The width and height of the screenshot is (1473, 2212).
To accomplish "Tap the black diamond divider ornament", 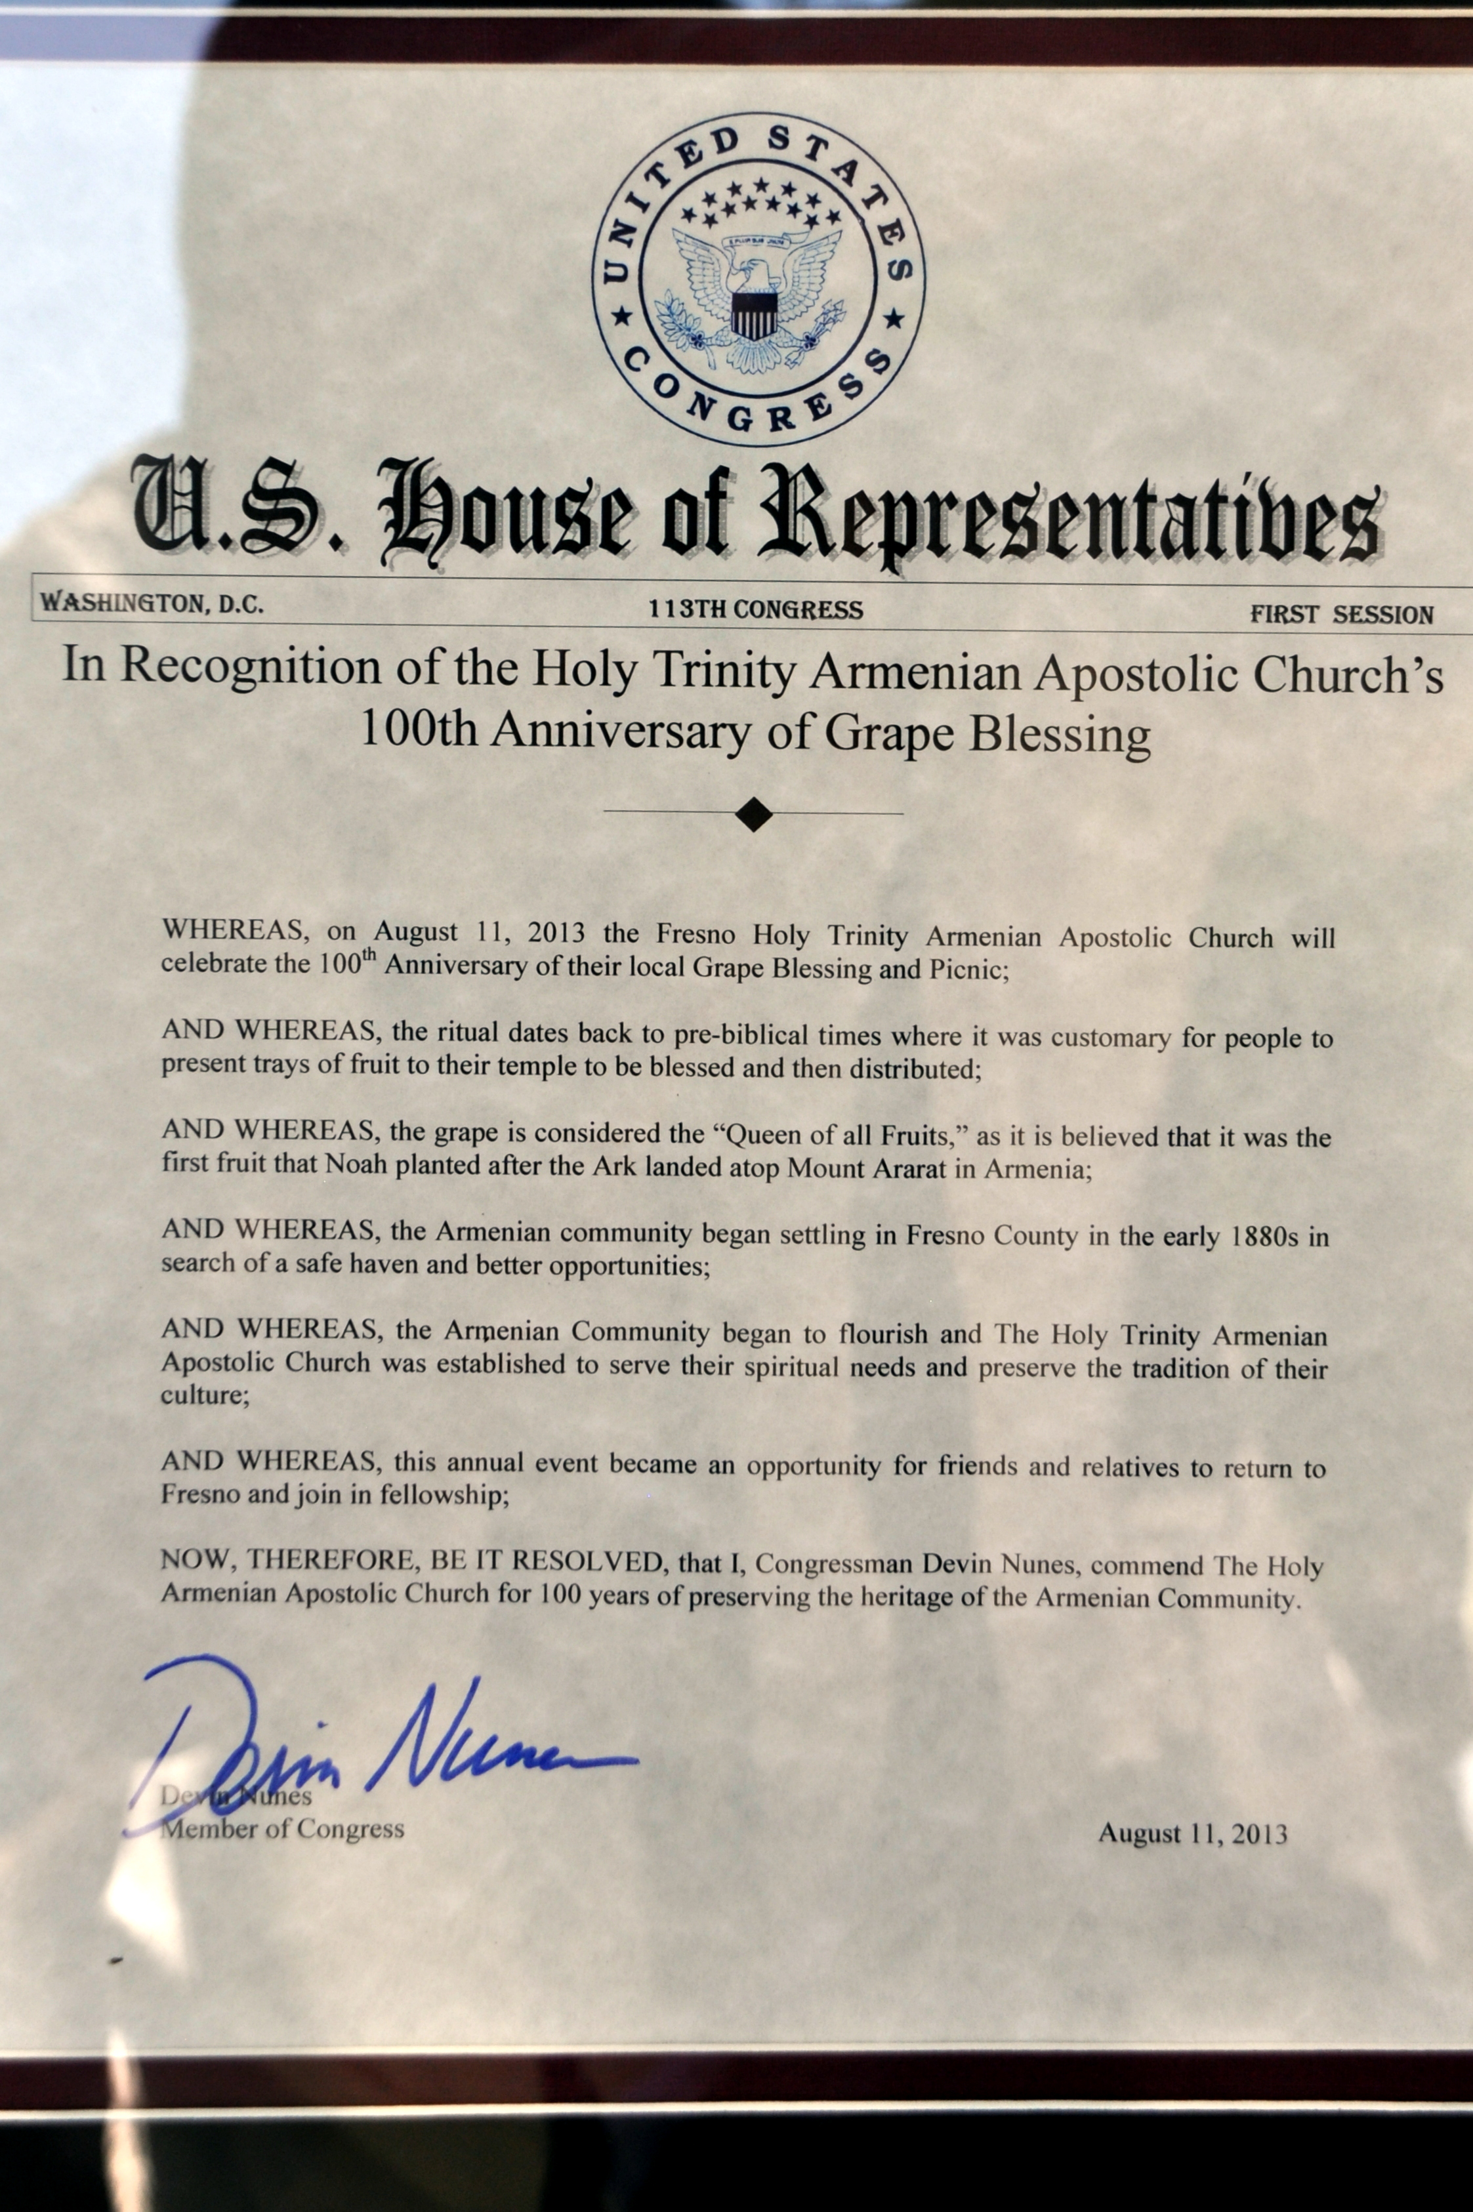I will (753, 814).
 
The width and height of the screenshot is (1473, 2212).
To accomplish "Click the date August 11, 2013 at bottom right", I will (1192, 1833).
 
